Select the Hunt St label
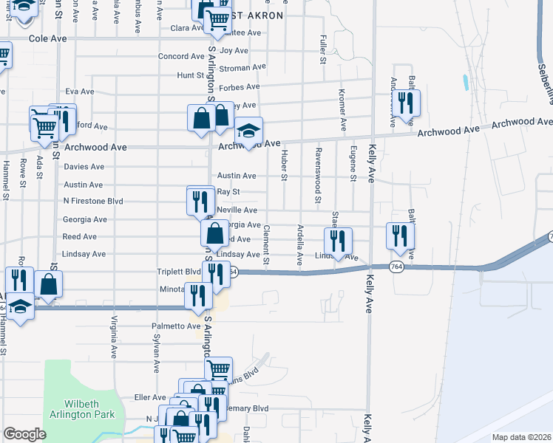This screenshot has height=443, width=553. point(190,75)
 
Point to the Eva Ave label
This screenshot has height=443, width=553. point(80,92)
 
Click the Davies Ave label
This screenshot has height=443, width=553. point(84,167)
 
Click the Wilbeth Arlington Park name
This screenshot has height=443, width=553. point(78,408)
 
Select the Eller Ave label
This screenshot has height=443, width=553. point(149,397)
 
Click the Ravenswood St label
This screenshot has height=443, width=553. point(317,185)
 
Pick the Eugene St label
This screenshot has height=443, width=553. point(351,168)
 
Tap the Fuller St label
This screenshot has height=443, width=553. point(322,49)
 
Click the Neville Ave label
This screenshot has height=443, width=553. point(237,210)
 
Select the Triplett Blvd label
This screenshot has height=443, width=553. point(179,271)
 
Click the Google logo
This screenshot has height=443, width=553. point(24,434)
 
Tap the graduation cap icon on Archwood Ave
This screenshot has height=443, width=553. point(249,131)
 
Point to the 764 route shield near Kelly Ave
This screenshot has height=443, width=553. point(397,267)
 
